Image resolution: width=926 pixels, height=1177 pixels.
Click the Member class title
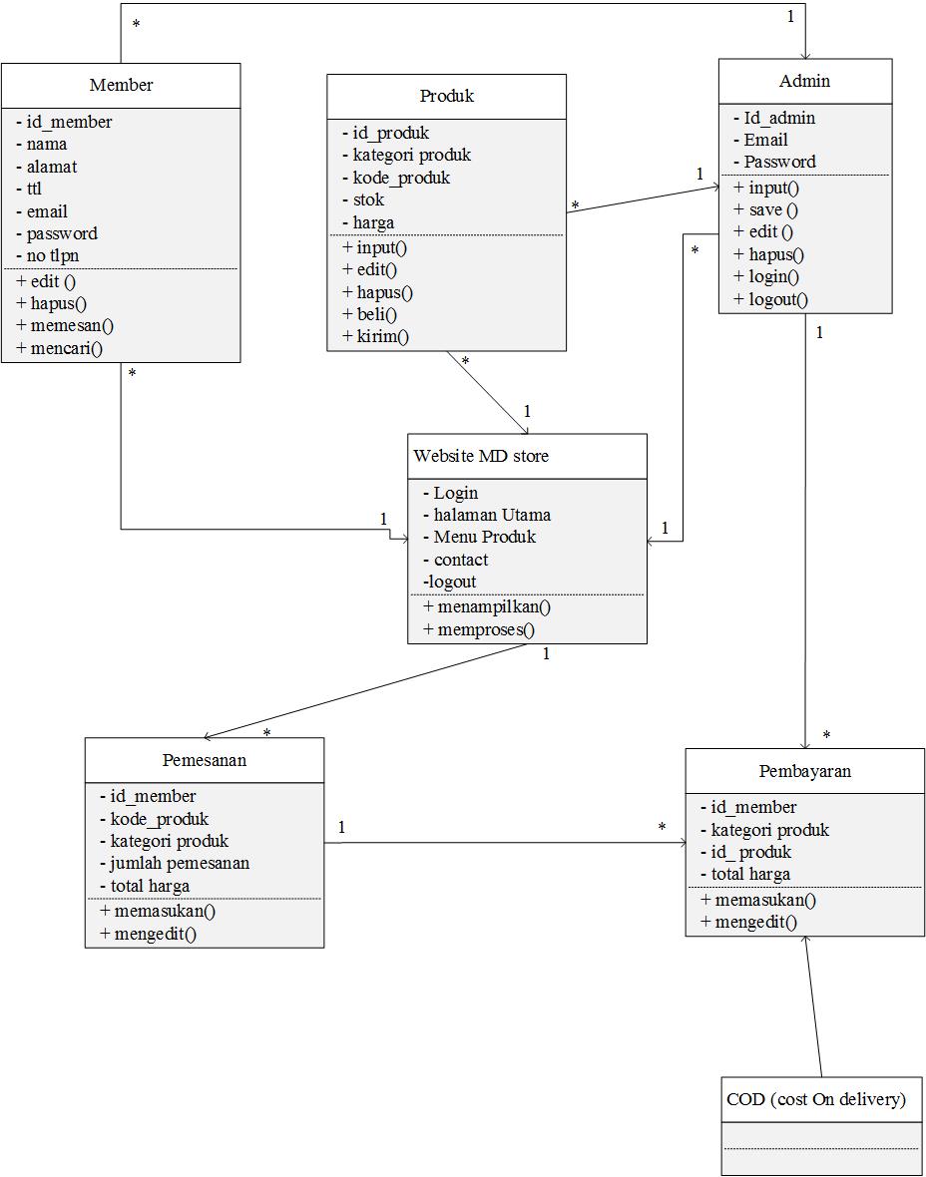(x=121, y=86)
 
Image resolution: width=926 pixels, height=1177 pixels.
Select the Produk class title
(x=446, y=97)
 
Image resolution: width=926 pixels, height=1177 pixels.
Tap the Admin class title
(x=804, y=81)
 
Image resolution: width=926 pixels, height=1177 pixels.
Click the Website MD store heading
(x=481, y=457)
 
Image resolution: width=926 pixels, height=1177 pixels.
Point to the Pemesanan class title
(x=204, y=760)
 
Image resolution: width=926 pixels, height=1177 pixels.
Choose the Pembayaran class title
(x=804, y=771)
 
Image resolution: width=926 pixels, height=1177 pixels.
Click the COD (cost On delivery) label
(x=816, y=1100)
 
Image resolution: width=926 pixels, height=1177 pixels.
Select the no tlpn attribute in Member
(x=53, y=256)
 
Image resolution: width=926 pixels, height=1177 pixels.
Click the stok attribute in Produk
(x=367, y=200)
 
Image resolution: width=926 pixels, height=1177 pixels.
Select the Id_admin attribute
(x=778, y=119)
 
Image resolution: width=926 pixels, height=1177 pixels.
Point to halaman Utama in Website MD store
(x=491, y=516)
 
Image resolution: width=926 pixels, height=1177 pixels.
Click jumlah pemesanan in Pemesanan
(x=179, y=864)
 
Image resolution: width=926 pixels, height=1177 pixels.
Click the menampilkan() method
(x=487, y=606)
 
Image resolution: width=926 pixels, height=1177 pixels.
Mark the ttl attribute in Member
(x=34, y=190)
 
